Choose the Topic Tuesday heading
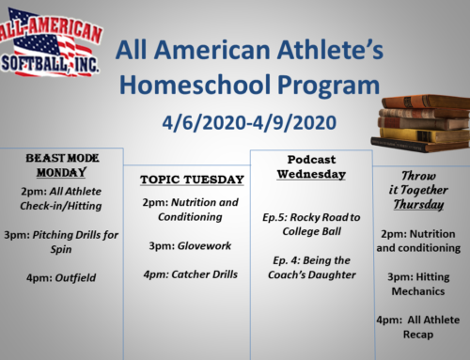coord(192,179)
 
